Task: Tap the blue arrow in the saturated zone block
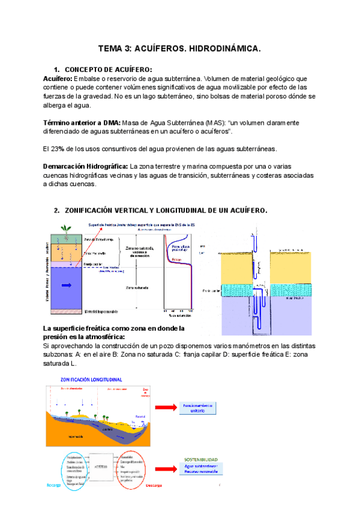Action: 65,285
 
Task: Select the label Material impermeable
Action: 101,312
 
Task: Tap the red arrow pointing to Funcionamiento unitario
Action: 165,408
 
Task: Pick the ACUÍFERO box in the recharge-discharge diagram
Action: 101,466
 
